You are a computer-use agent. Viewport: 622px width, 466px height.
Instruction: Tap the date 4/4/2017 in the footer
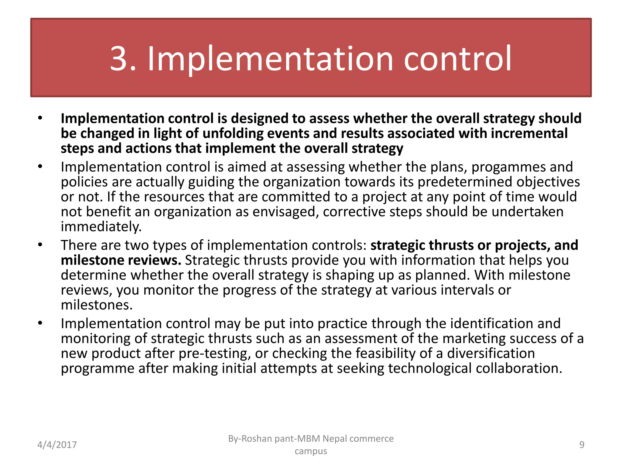click(x=57, y=445)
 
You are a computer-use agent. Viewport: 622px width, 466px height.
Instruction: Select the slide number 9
click(x=582, y=445)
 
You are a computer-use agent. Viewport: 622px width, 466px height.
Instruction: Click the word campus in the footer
click(x=311, y=451)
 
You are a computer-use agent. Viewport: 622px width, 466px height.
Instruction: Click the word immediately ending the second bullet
click(x=101, y=227)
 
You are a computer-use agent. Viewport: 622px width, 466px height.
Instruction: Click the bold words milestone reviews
click(x=121, y=260)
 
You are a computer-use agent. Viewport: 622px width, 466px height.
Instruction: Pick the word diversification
click(x=491, y=353)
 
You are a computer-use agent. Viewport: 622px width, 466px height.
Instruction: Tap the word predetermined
click(x=465, y=182)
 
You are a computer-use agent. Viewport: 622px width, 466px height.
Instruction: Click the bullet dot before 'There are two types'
click(x=40, y=245)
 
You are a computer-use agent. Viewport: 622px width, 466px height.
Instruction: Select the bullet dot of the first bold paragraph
click(x=40, y=119)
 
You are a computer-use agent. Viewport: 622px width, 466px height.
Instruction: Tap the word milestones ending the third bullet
click(x=97, y=305)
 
